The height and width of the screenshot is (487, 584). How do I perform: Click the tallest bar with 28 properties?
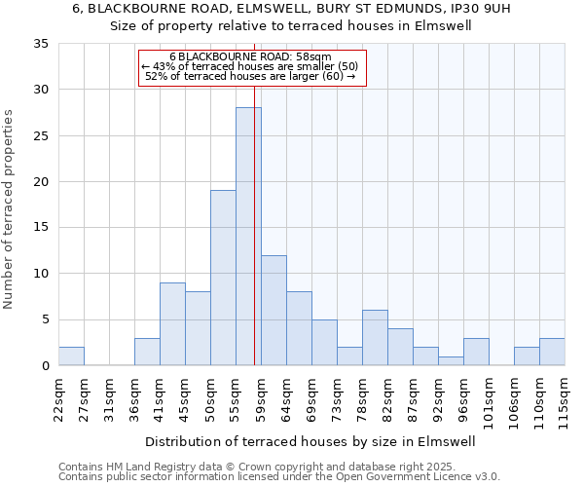248,237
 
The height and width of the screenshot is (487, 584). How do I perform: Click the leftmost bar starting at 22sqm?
71,356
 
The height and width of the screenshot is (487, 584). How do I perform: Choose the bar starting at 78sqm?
375,337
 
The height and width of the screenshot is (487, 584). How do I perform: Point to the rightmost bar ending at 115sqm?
552,352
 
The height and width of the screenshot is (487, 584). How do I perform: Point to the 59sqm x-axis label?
261,399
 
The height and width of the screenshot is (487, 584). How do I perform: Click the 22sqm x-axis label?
58,399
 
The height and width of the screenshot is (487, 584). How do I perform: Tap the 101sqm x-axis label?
489,402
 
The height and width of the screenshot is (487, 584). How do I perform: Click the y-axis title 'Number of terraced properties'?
9,209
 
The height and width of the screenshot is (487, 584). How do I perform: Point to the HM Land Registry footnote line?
250,467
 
